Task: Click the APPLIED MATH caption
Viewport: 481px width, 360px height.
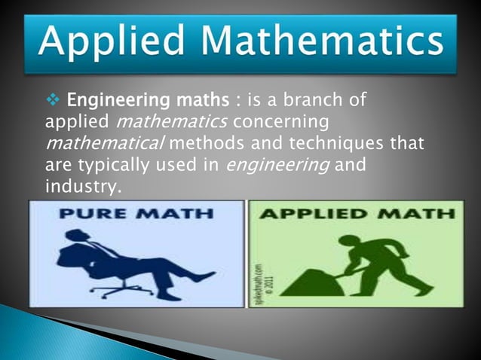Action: (357, 215)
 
